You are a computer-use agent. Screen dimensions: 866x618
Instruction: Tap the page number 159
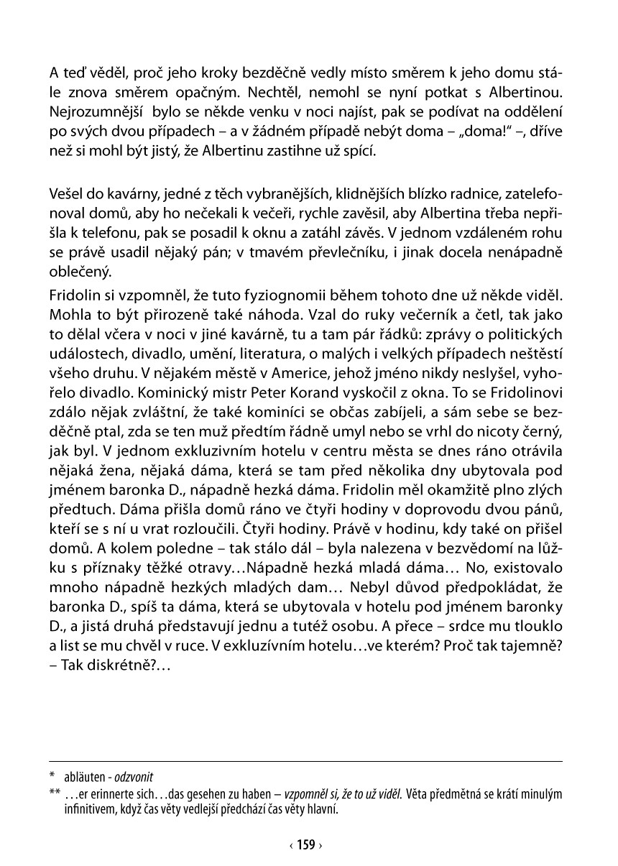[x=306, y=845]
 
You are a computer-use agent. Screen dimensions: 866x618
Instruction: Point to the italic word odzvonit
[x=134, y=778]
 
